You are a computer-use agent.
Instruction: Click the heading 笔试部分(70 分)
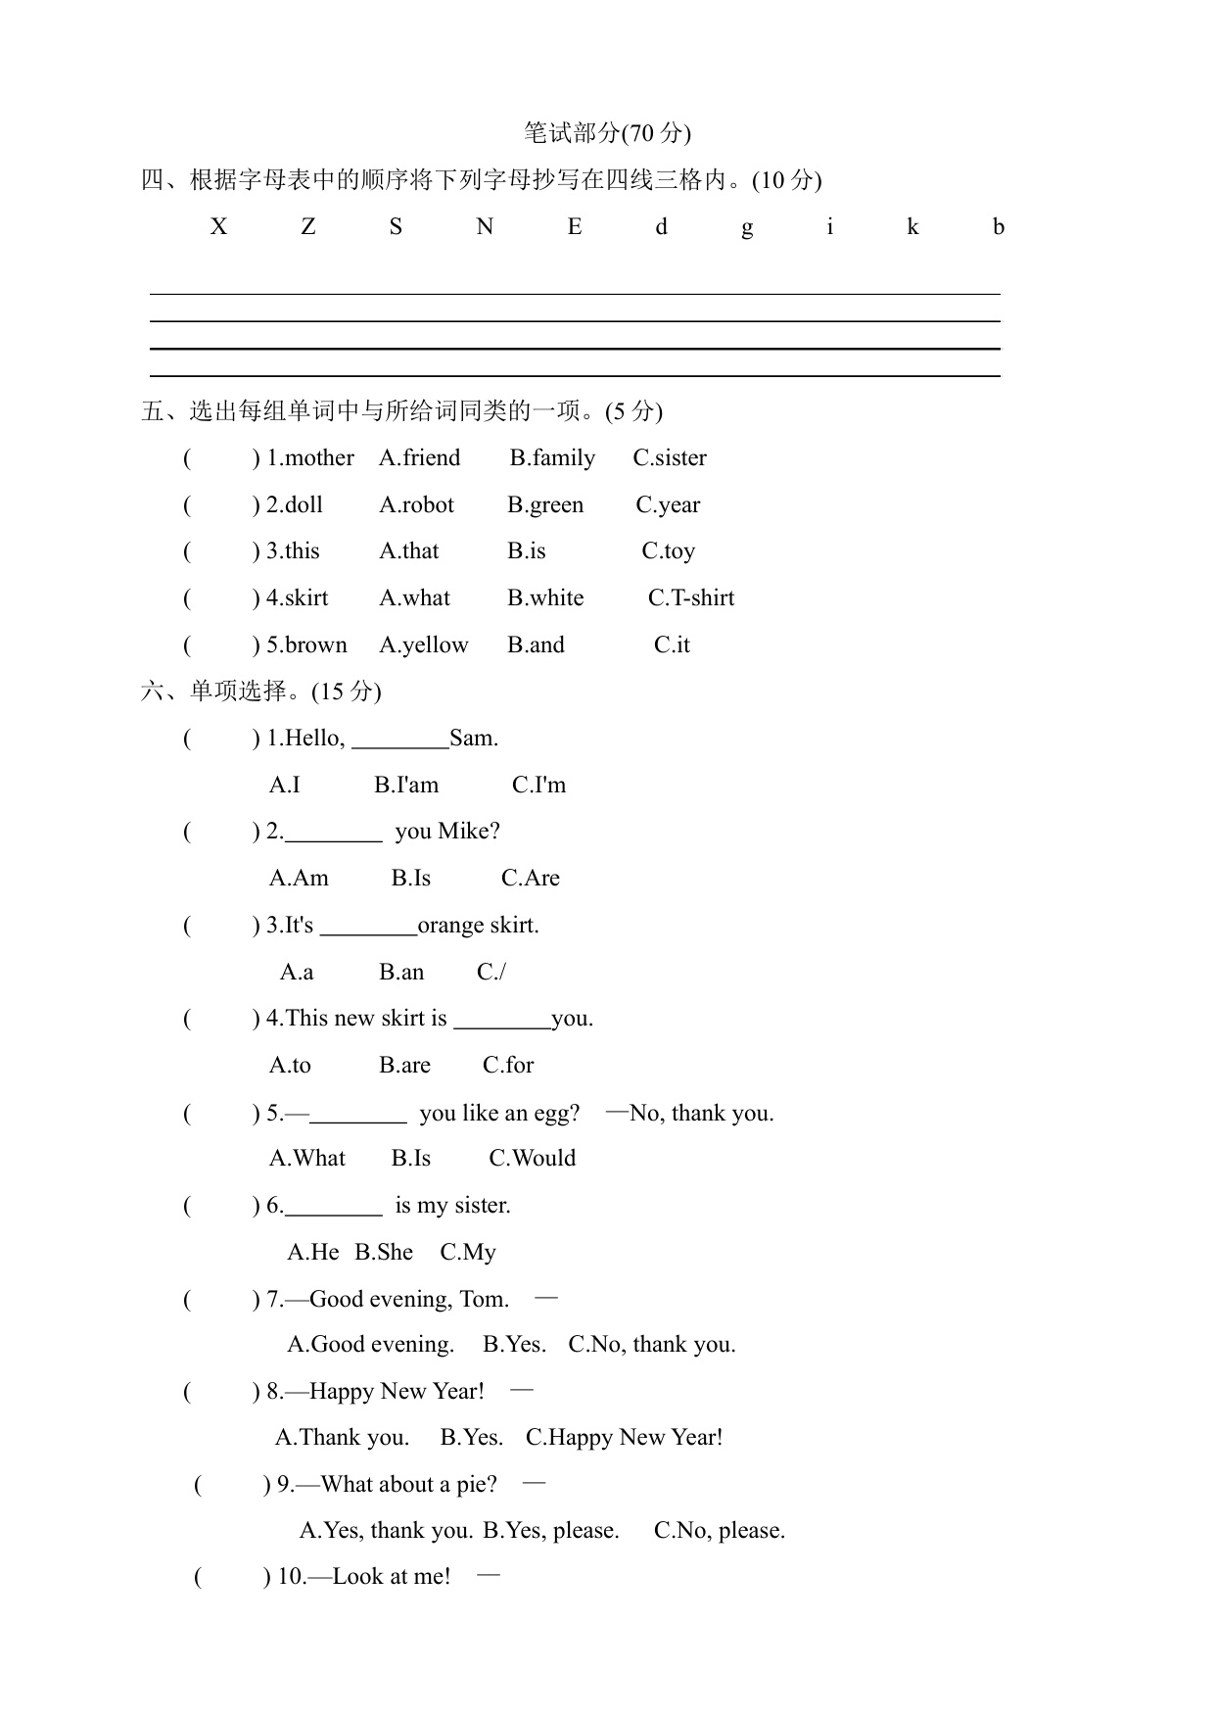click(x=607, y=133)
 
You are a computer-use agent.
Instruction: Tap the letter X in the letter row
click(x=218, y=227)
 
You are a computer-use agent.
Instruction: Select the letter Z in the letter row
click(x=308, y=227)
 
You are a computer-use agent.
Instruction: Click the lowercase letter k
click(x=912, y=227)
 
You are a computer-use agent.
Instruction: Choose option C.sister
click(x=670, y=458)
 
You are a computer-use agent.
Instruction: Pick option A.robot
click(x=417, y=505)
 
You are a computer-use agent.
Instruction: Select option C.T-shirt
click(x=691, y=598)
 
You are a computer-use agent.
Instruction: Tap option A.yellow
click(x=424, y=645)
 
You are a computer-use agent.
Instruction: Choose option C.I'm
click(x=538, y=786)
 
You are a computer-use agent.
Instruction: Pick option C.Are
click(x=531, y=879)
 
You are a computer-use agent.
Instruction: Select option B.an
click(x=401, y=973)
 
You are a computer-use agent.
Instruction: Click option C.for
click(x=508, y=1066)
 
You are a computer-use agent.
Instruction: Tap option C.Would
click(x=533, y=1159)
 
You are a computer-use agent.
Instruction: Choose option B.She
click(x=384, y=1253)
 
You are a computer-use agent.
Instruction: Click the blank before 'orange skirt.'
click(x=368, y=928)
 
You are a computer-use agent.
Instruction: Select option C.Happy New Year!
click(x=625, y=1438)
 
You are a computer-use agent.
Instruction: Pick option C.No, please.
click(x=720, y=1531)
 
